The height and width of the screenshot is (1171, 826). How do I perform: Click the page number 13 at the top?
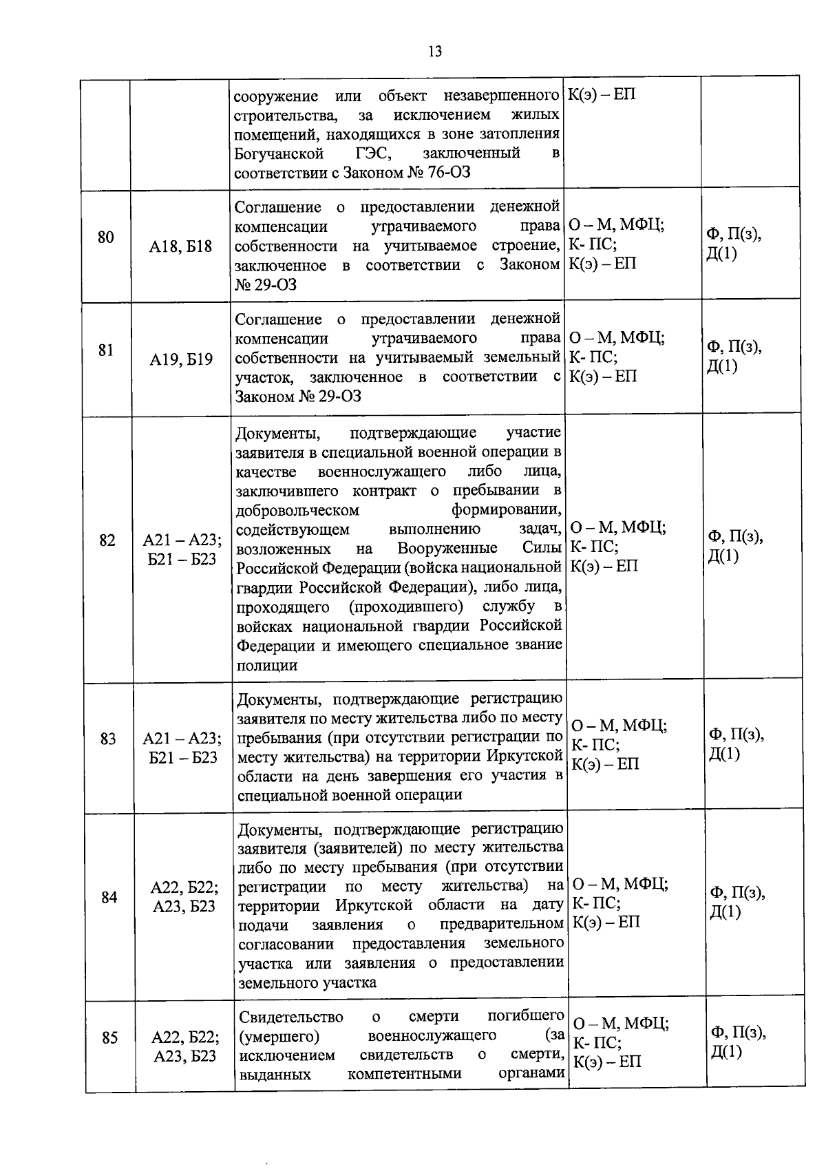click(435, 52)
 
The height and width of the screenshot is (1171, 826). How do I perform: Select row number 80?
click(105, 238)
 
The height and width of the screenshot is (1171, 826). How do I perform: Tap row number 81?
click(105, 350)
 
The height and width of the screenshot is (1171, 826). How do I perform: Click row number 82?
click(107, 540)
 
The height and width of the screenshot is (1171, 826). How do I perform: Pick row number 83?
click(107, 739)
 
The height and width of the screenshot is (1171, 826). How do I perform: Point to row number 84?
click(109, 897)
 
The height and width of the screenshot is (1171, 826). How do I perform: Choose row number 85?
click(109, 1037)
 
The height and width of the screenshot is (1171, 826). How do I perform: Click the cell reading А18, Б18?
click(181, 246)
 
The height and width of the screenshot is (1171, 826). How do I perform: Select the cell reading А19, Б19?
click(181, 359)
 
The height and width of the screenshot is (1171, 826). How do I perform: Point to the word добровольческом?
click(297, 510)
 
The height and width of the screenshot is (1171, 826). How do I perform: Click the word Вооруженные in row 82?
click(447, 549)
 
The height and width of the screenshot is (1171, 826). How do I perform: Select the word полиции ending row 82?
click(267, 665)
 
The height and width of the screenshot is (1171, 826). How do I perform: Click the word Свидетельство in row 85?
click(291, 1017)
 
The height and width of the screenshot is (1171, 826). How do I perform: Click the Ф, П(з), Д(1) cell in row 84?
click(737, 903)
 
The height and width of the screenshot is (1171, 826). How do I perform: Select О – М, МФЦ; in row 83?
click(619, 725)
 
